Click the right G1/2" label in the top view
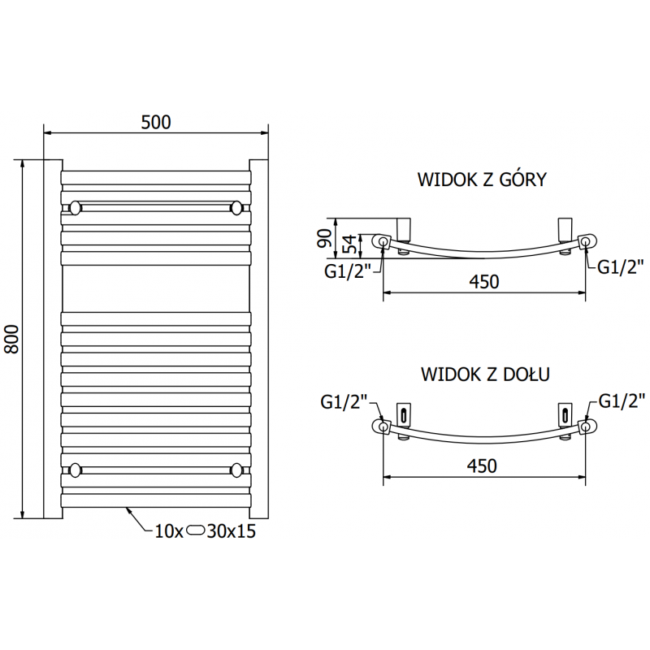pyautogui.click(x=621, y=266)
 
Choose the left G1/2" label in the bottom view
pyautogui.click(x=344, y=401)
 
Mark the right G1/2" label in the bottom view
pyautogui.click(x=621, y=400)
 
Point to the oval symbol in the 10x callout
pyautogui.click(x=197, y=532)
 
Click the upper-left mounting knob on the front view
pyautogui.click(x=75, y=208)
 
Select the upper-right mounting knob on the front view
pyautogui.click(x=236, y=208)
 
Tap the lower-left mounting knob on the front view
pyautogui.click(x=75, y=470)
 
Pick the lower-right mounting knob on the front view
pyautogui.click(x=236, y=470)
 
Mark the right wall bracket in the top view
pyautogui.click(x=565, y=227)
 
